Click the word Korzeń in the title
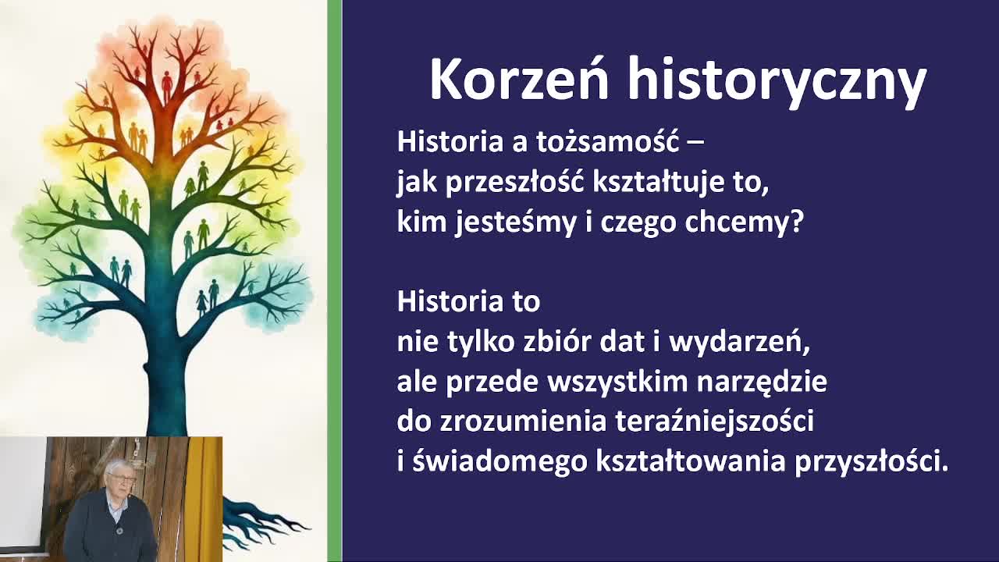pos(519,79)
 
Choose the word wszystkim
pos(617,382)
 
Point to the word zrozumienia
pos(524,421)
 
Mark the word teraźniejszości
pos(715,422)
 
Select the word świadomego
pos(499,462)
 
